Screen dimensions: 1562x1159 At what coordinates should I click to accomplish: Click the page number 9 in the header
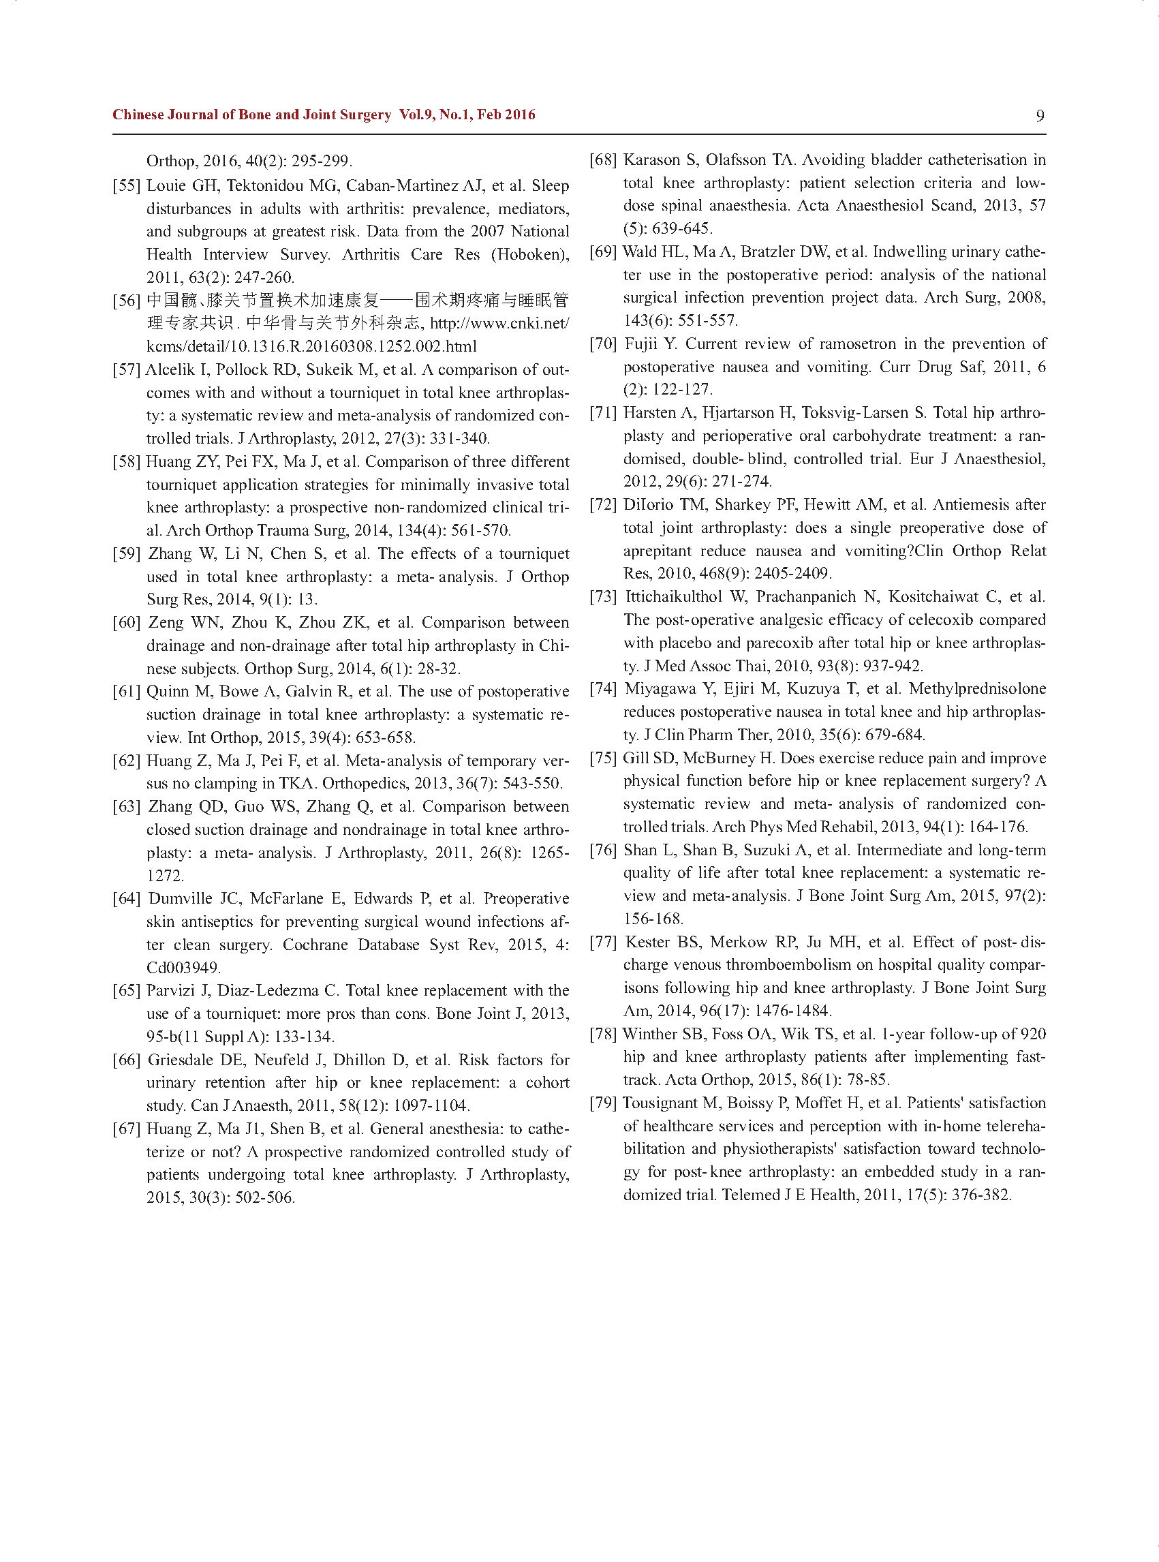(1040, 116)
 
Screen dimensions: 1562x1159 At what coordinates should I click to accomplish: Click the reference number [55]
(126, 186)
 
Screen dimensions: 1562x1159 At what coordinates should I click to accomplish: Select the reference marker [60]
(126, 622)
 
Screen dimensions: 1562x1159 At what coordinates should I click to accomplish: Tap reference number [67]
(126, 1129)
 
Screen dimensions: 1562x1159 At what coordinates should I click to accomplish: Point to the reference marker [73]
(604, 596)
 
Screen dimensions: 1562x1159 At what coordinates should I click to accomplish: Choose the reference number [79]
(604, 1103)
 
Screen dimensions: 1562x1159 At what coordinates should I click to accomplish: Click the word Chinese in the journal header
(138, 114)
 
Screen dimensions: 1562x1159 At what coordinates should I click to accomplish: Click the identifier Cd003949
(183, 968)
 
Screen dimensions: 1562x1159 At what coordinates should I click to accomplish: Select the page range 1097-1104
(430, 1105)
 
